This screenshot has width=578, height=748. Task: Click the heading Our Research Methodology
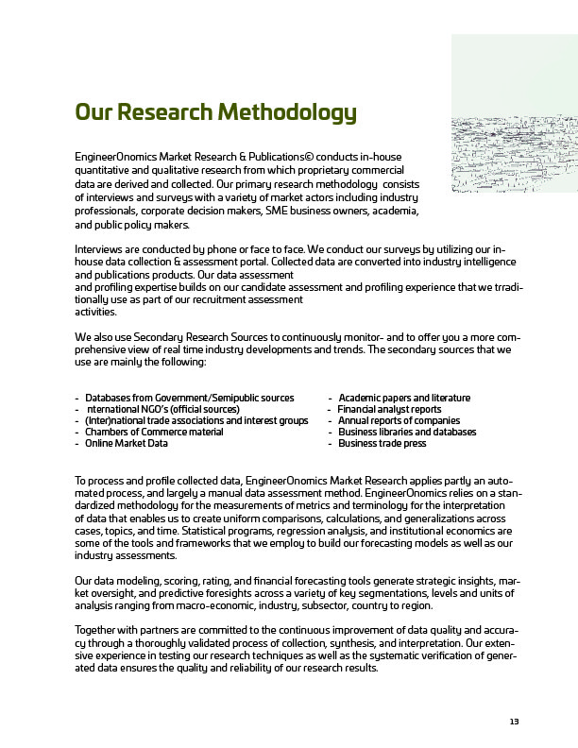215,114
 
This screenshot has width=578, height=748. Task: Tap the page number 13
515,722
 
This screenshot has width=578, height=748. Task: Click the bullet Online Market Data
127,443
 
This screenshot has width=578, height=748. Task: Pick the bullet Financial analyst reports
389,409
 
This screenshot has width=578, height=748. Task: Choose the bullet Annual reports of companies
399,420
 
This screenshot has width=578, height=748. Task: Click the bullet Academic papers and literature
404,398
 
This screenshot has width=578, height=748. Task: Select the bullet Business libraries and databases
407,432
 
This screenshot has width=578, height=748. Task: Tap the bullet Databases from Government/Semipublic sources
189,398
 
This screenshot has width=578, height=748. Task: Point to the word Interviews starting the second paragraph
97,248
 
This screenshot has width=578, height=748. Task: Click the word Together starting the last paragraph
97,628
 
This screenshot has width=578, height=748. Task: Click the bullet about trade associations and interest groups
196,420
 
